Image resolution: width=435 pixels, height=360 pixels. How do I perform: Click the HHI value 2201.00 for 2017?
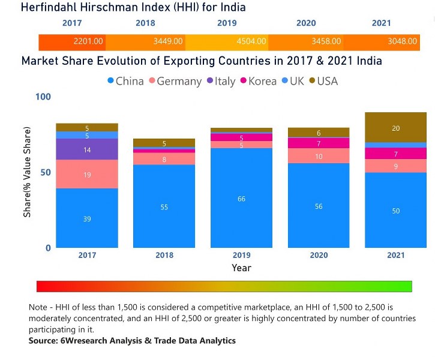[88, 42]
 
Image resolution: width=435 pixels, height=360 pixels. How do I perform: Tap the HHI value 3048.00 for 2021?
[402, 42]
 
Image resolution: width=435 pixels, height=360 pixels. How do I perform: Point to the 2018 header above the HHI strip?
[145, 23]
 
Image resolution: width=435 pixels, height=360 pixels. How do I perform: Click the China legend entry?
[125, 81]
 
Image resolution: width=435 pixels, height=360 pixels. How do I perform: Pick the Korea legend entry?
[259, 81]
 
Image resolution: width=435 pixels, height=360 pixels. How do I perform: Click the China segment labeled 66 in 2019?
[241, 199]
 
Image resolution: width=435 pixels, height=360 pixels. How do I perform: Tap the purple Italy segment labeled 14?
[87, 150]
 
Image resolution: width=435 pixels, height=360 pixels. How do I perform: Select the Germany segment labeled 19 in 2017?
[87, 175]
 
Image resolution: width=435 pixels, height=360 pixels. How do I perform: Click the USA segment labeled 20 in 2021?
[395, 128]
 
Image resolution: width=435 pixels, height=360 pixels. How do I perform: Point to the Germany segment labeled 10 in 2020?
[319, 156]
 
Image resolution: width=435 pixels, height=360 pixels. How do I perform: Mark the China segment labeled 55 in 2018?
[164, 207]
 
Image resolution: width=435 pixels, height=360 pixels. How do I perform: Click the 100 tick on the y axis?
[43, 97]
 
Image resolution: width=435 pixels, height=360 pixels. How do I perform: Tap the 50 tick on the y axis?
[46, 172]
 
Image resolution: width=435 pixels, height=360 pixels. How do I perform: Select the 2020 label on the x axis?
[319, 255]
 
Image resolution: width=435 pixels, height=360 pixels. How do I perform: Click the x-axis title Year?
[241, 268]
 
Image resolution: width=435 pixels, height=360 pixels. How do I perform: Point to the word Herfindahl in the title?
[52, 8]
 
